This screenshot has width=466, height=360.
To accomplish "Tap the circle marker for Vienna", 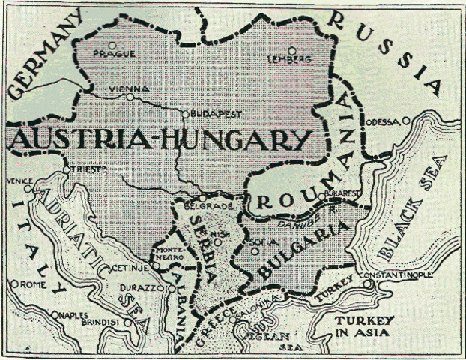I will [x=130, y=96].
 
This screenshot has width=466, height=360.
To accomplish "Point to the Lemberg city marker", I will [x=292, y=51].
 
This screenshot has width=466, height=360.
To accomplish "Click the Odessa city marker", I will [x=406, y=120].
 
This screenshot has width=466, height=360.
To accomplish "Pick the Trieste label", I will [x=83, y=169].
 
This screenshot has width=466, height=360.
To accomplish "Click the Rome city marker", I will [x=15, y=284].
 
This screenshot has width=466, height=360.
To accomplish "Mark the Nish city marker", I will [x=217, y=241].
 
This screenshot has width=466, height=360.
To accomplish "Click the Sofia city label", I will [x=269, y=242].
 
